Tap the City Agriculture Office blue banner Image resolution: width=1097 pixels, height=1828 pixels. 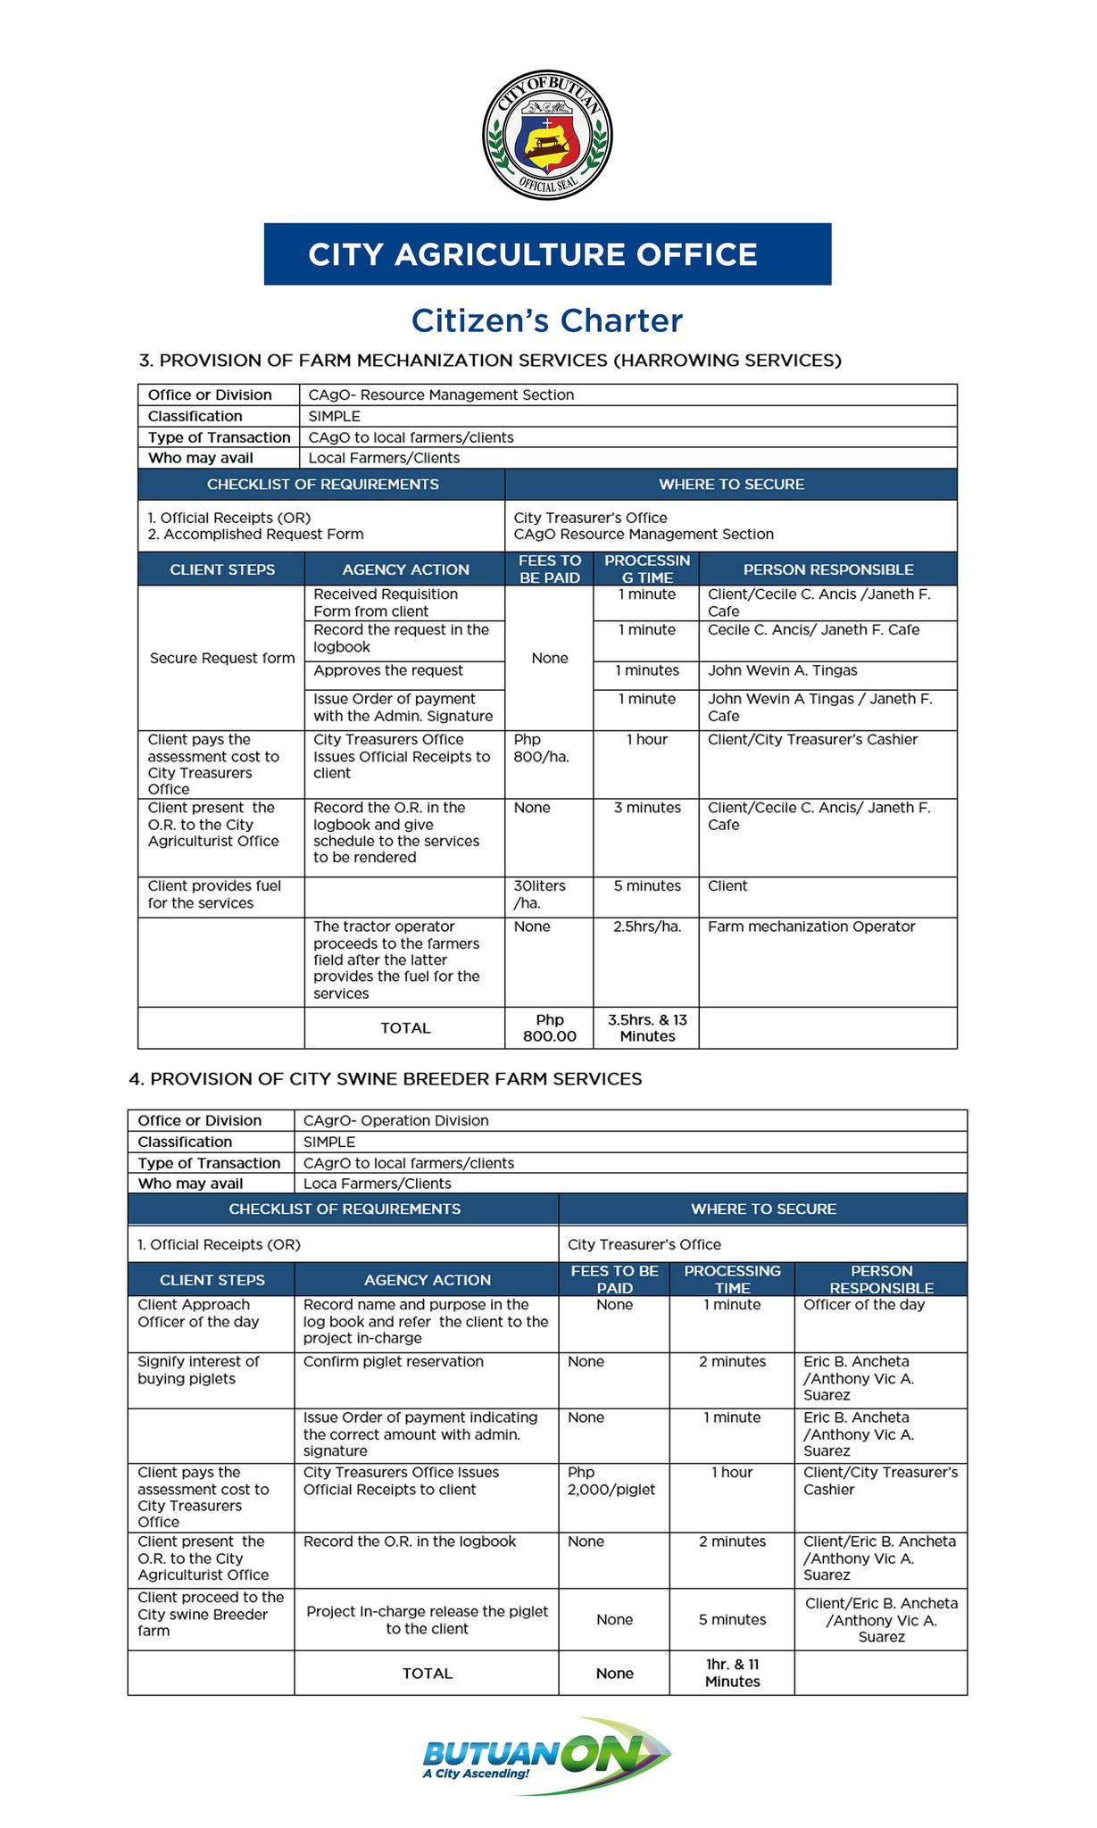click(x=547, y=254)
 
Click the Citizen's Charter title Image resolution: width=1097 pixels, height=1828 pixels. click(x=547, y=320)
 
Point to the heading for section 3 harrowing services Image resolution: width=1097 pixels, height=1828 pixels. click(x=490, y=361)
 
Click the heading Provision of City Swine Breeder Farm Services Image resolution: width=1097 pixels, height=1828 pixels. click(x=386, y=1078)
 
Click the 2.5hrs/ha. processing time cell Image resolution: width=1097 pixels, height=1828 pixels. click(x=647, y=926)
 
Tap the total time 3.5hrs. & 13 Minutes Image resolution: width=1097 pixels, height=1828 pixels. click(x=647, y=1028)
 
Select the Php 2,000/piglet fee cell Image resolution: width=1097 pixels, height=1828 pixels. click(x=611, y=1481)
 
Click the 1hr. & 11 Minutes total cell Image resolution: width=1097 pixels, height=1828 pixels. click(x=732, y=1673)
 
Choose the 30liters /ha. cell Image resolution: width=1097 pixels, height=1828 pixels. click(x=540, y=894)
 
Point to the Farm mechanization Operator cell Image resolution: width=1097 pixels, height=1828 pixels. click(x=811, y=926)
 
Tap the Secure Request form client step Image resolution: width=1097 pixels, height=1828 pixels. click(x=222, y=658)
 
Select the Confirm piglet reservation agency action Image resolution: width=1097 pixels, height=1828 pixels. click(x=394, y=1361)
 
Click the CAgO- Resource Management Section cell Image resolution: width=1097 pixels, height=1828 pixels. click(x=441, y=395)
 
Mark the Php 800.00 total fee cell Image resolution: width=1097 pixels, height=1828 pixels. click(x=550, y=1028)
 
